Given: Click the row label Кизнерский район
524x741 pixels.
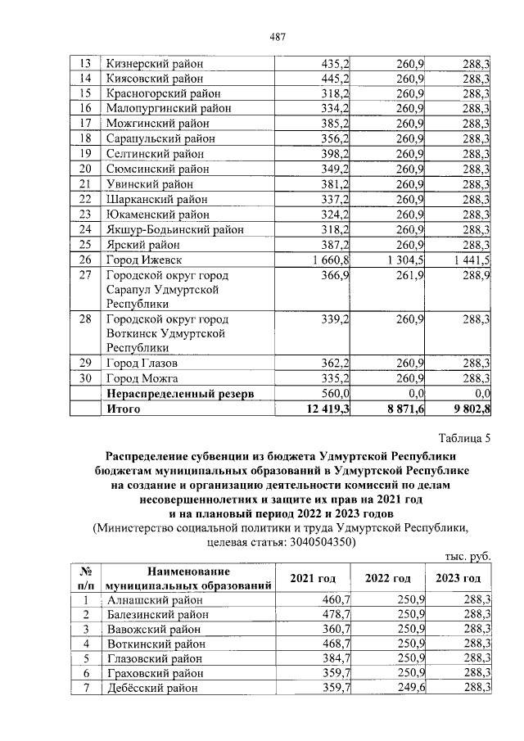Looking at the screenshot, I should [x=154, y=64].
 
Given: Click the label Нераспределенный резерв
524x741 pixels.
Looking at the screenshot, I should [x=179, y=394].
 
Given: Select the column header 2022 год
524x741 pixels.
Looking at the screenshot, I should [x=388, y=578].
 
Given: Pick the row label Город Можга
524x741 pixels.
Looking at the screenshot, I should [x=142, y=377].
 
